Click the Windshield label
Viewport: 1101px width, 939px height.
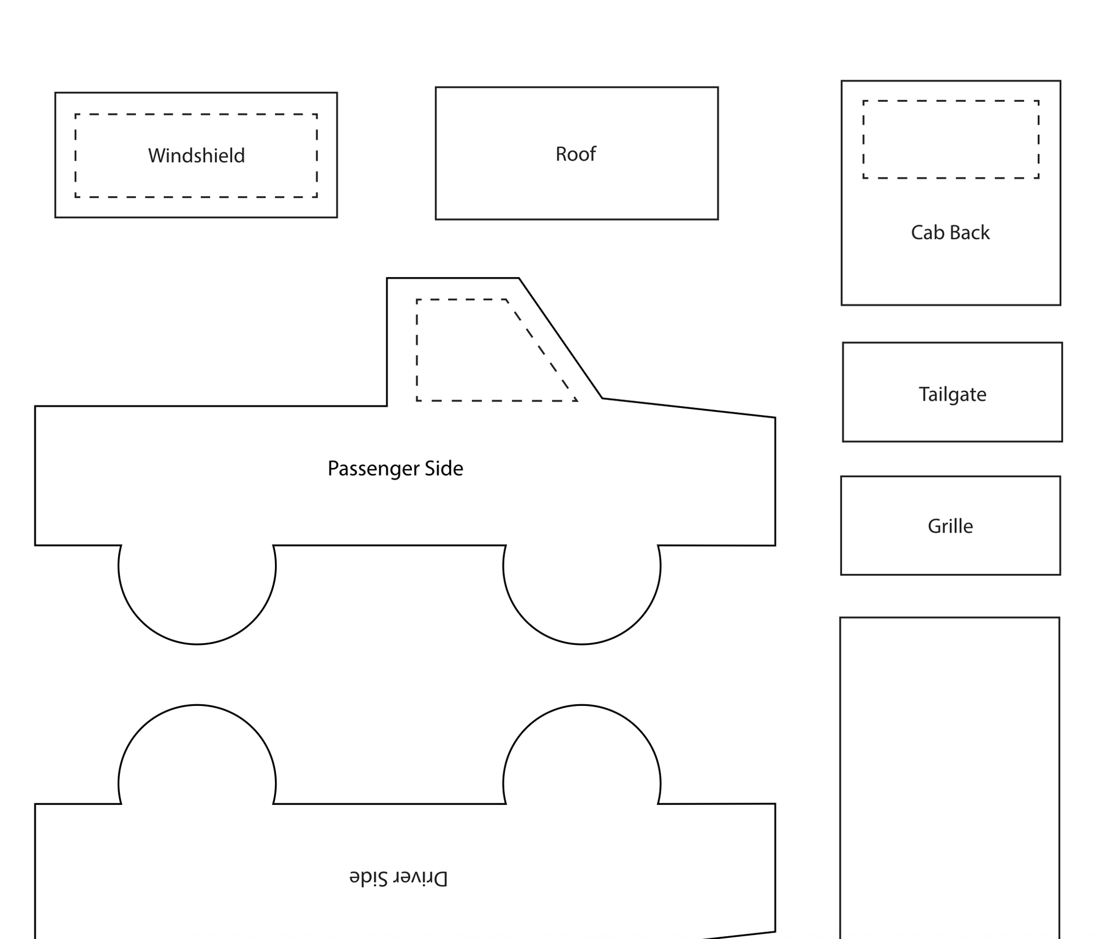click(x=196, y=156)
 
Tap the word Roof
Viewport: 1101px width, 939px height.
click(x=575, y=154)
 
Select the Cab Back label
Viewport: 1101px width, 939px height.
click(x=950, y=232)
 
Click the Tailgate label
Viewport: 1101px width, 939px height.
click(x=952, y=394)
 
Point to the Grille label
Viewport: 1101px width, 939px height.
click(x=950, y=526)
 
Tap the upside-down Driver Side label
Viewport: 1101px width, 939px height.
click(x=398, y=878)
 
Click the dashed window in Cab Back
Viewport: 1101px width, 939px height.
click(x=951, y=140)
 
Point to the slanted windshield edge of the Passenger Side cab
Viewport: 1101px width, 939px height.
click(x=560, y=338)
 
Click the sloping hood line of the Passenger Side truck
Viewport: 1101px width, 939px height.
click(x=689, y=408)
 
